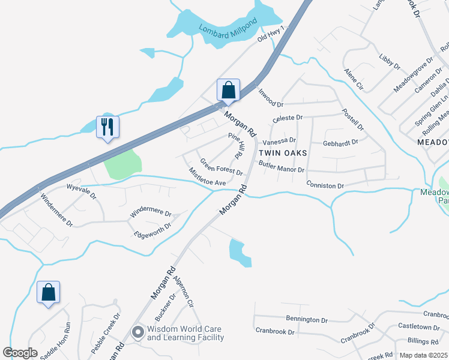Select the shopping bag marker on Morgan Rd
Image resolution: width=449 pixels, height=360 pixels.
pyautogui.click(x=228, y=91)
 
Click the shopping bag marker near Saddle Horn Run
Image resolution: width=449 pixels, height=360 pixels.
pyautogui.click(x=48, y=293)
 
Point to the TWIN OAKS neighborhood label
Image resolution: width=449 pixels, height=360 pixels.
pyautogui.click(x=282, y=153)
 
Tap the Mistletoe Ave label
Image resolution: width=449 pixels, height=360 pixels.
pyautogui.click(x=207, y=176)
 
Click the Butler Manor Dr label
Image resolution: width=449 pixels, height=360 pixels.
pyautogui.click(x=282, y=167)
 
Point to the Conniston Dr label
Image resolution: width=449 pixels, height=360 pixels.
pyautogui.click(x=325, y=185)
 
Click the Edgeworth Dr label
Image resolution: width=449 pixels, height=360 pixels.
pyautogui.click(x=152, y=230)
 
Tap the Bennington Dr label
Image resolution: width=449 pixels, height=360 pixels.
pyautogui.click(x=307, y=320)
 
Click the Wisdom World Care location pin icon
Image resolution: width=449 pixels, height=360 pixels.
pyautogui.click(x=138, y=332)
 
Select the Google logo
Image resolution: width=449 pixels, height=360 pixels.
pyautogui.click(x=20, y=353)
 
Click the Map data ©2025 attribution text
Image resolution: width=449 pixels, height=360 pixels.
pyautogui.click(x=423, y=355)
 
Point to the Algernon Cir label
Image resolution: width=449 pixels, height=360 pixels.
pyautogui.click(x=183, y=292)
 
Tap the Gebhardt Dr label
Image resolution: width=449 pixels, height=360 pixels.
pyautogui.click(x=340, y=143)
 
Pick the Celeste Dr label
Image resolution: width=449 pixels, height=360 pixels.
pyautogui.click(x=288, y=118)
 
